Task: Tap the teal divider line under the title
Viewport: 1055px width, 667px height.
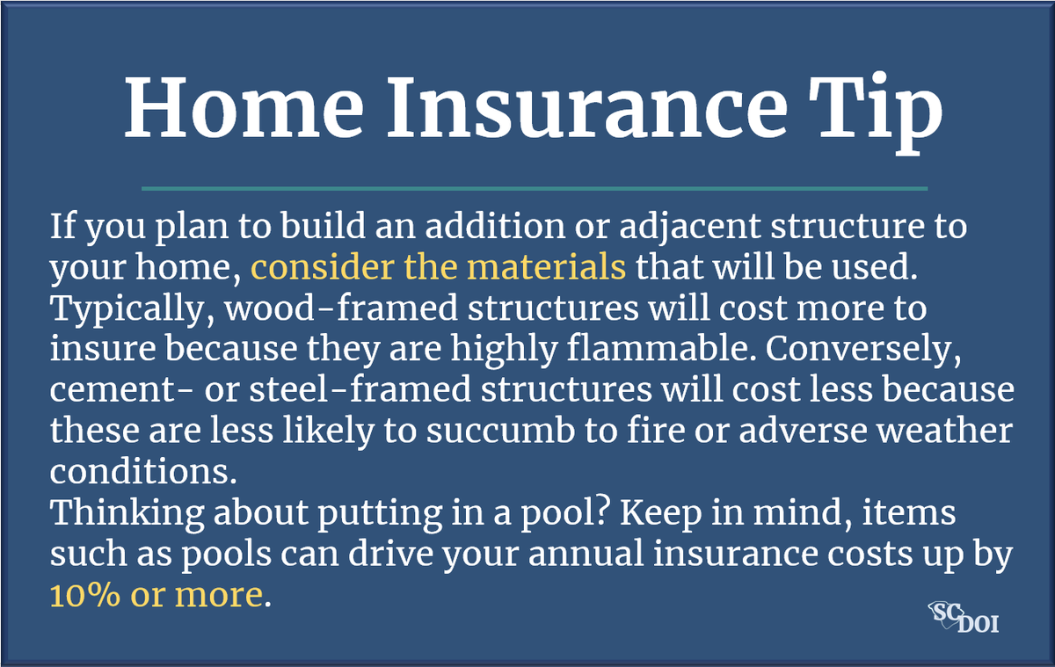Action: pos(535,189)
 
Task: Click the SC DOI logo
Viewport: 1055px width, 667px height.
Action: pos(964,617)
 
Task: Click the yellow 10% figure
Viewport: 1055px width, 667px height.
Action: pos(85,595)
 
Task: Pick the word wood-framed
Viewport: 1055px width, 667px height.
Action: pos(341,308)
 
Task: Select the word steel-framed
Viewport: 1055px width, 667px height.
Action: pos(360,390)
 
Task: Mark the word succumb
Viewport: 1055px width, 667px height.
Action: pos(500,431)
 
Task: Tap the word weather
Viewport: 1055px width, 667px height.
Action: pos(944,431)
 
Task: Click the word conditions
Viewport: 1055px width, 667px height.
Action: pos(143,472)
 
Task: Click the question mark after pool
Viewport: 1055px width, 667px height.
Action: pos(604,511)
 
